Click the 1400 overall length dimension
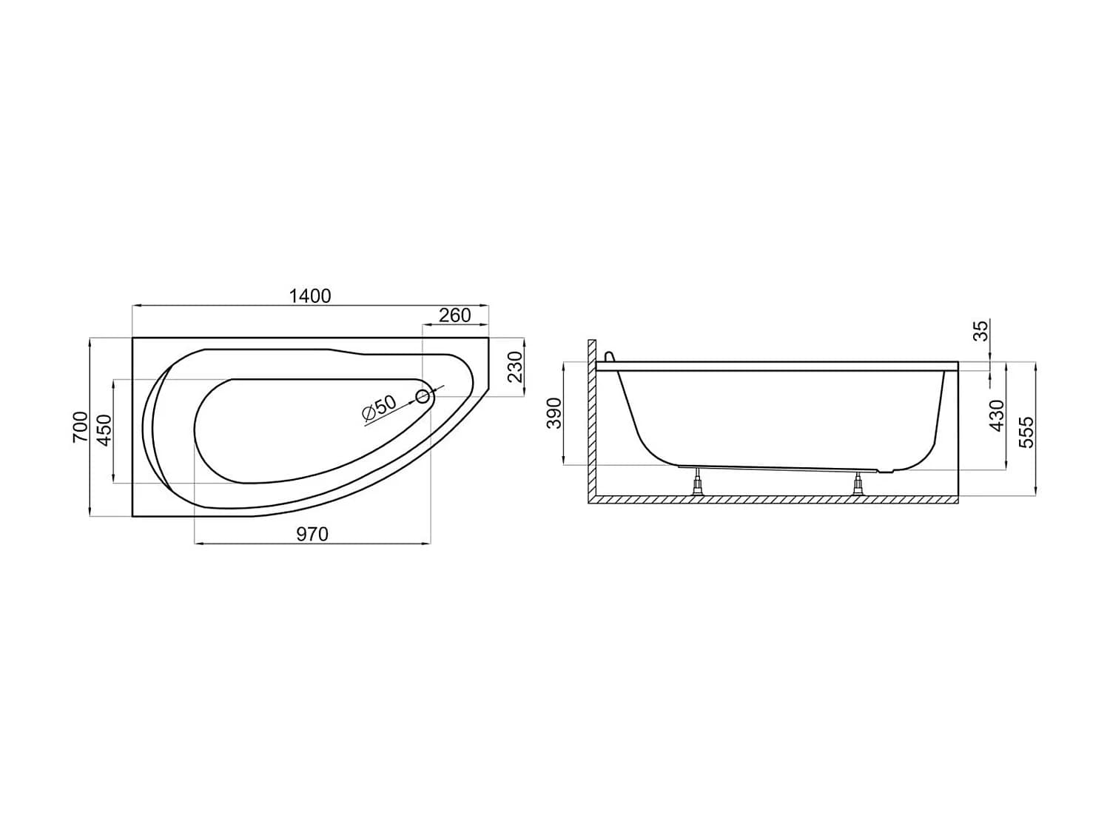[310, 296]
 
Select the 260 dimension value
[454, 315]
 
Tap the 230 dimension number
[514, 368]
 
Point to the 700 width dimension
[80, 427]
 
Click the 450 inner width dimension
[104, 430]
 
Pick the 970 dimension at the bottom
[312, 534]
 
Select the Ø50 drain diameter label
[380, 408]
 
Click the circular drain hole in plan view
[423, 397]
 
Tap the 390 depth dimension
[555, 413]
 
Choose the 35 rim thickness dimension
[980, 331]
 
